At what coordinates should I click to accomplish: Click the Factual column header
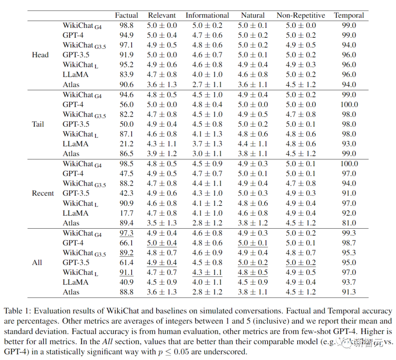126,15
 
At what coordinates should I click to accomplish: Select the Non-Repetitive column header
301,15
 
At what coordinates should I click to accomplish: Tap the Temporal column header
349,15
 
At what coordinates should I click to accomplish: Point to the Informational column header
207,15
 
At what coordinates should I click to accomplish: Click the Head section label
40,55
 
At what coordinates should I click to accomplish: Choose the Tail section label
38,124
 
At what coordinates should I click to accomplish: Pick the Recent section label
43,193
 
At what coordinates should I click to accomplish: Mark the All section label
37,262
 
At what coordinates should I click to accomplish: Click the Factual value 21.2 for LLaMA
126,144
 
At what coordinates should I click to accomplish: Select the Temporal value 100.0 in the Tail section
349,105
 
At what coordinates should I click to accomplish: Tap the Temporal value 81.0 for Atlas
349,223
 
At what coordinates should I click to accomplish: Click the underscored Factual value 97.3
126,233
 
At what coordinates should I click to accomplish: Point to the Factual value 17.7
126,213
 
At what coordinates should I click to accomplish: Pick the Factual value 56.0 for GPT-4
126,105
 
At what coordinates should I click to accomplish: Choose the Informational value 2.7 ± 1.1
207,85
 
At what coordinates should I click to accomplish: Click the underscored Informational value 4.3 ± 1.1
207,272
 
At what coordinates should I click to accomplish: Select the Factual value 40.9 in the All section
126,282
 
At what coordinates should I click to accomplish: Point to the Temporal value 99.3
349,233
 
